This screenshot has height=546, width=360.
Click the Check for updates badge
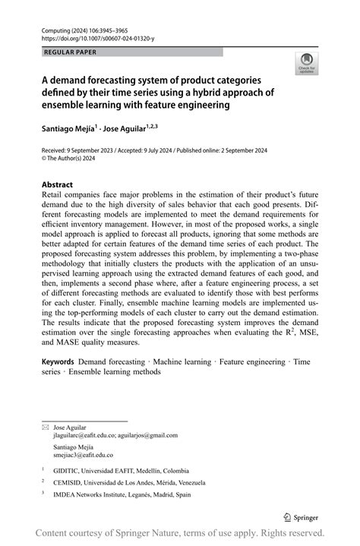(306, 63)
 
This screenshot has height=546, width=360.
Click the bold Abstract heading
(57, 185)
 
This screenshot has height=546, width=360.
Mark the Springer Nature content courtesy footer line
(180, 532)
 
